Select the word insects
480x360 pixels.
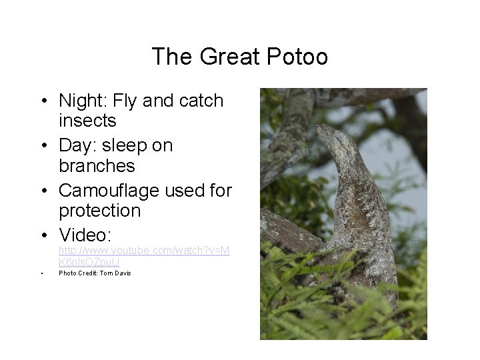click(x=87, y=121)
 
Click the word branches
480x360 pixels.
click(x=97, y=165)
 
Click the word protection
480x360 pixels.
click(x=99, y=211)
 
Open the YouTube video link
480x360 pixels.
click(x=143, y=256)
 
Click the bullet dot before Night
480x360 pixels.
click(x=42, y=101)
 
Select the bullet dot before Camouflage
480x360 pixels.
click(x=42, y=191)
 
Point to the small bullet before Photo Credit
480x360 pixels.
click(x=41, y=273)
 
